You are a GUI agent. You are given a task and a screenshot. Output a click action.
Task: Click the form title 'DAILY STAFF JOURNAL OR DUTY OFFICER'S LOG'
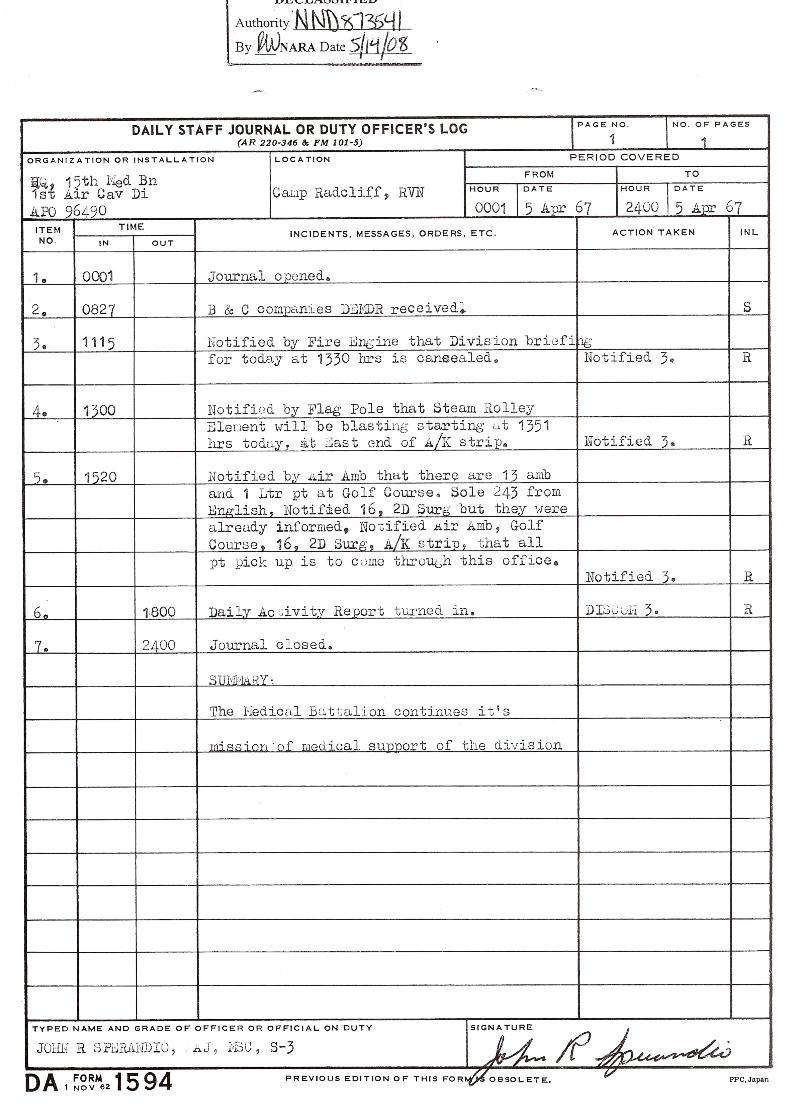click(299, 129)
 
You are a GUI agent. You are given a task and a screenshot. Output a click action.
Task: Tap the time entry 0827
click(99, 310)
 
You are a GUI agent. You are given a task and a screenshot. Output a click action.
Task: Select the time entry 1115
click(99, 344)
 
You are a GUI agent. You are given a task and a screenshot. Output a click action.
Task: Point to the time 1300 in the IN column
click(99, 410)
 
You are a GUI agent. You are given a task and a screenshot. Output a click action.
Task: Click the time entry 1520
click(99, 477)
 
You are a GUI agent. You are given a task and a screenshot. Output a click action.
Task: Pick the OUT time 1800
click(159, 611)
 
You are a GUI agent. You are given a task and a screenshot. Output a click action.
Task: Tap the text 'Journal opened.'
click(269, 276)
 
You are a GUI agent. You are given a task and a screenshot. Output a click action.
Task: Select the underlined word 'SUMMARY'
click(240, 679)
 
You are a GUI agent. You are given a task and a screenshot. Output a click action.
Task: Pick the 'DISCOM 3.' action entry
click(621, 609)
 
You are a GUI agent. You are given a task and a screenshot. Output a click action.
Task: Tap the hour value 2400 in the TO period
click(640, 208)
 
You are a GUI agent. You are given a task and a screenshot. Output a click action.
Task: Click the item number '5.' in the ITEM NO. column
click(40, 478)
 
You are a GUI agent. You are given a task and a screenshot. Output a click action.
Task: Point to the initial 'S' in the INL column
click(748, 308)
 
